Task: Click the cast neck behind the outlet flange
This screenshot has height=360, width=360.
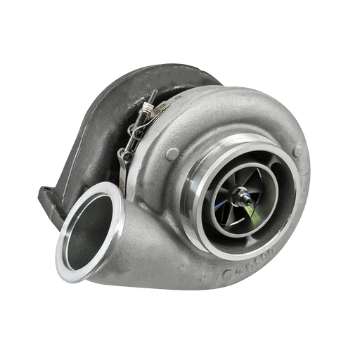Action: (x=130, y=211)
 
